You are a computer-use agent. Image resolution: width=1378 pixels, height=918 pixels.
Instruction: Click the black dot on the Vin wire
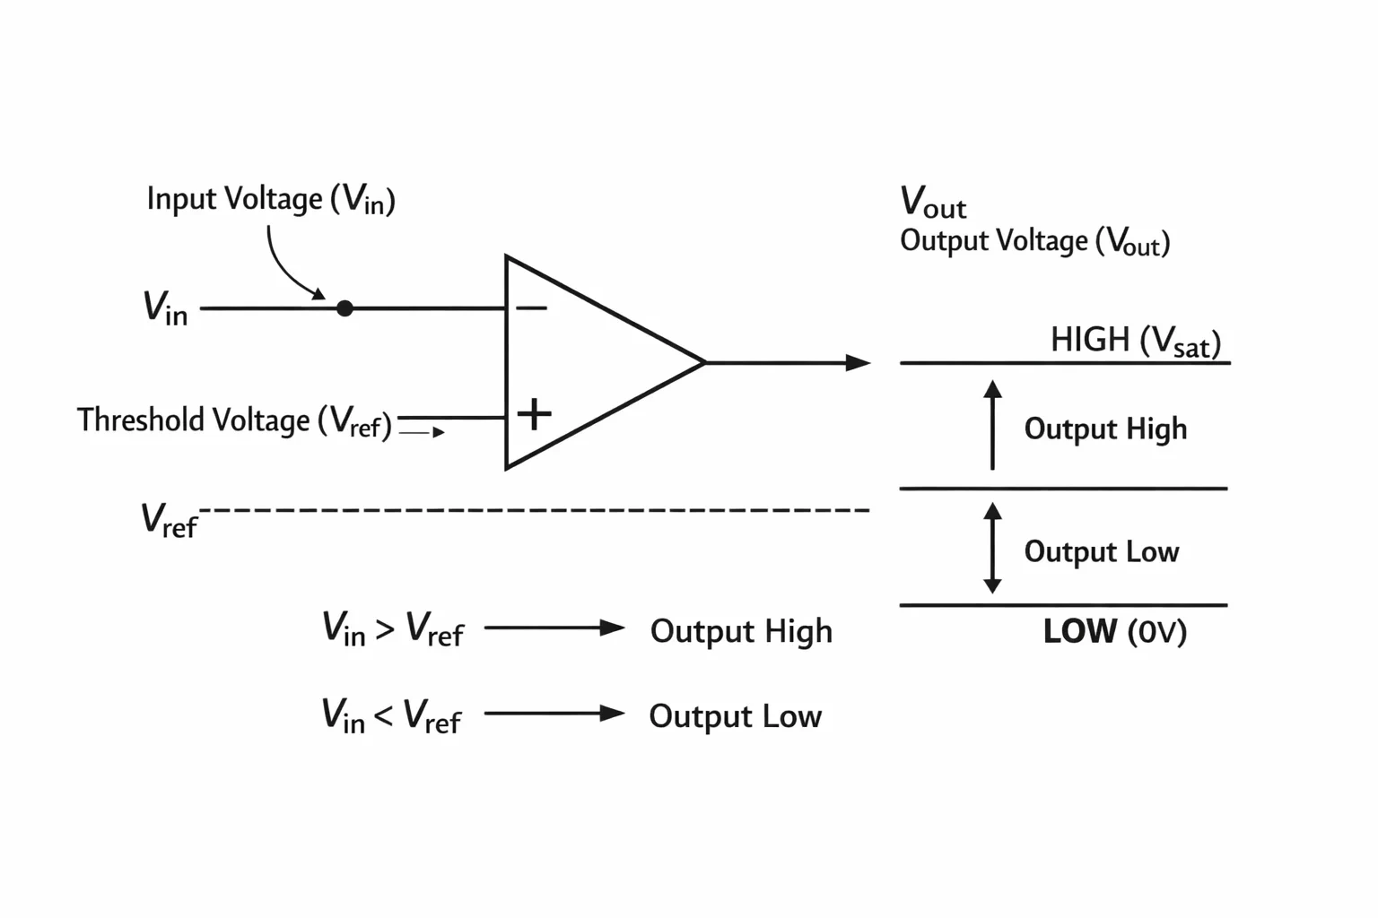pyautogui.click(x=344, y=308)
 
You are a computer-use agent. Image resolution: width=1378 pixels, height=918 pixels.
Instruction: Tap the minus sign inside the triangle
pyautogui.click(x=531, y=307)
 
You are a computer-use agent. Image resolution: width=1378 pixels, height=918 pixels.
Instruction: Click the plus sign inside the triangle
pyautogui.click(x=534, y=414)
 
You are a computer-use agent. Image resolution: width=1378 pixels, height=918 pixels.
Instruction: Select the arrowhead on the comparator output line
pyautogui.click(x=859, y=363)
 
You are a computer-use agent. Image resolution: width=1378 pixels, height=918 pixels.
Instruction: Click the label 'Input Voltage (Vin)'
pyautogui.click(x=271, y=199)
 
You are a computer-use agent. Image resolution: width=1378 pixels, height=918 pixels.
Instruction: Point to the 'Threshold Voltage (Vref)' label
pyautogui.click(x=234, y=421)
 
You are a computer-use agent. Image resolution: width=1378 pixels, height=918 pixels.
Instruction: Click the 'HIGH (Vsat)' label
pyautogui.click(x=1136, y=342)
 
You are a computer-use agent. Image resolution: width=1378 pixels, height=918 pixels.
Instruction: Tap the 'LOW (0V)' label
pyautogui.click(x=1115, y=631)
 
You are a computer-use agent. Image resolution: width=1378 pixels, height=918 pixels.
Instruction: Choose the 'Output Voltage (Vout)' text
pyautogui.click(x=1034, y=241)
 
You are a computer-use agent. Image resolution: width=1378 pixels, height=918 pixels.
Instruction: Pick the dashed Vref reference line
pyautogui.click(x=535, y=510)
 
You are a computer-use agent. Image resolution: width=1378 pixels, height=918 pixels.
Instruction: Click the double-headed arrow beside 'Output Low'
pyautogui.click(x=992, y=548)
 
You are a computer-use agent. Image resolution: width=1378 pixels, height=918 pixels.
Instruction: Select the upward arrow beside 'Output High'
pyautogui.click(x=992, y=425)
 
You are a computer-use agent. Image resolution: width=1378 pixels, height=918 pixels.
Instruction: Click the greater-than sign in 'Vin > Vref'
pyautogui.click(x=385, y=629)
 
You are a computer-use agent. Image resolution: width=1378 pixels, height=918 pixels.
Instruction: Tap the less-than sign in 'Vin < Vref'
pyautogui.click(x=383, y=715)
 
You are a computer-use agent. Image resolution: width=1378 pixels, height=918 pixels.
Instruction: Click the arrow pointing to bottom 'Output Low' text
pyautogui.click(x=555, y=714)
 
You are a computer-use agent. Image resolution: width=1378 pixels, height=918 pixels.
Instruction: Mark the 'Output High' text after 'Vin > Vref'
pyautogui.click(x=741, y=631)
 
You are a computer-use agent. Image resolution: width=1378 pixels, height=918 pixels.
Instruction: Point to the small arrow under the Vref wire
pyautogui.click(x=422, y=432)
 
